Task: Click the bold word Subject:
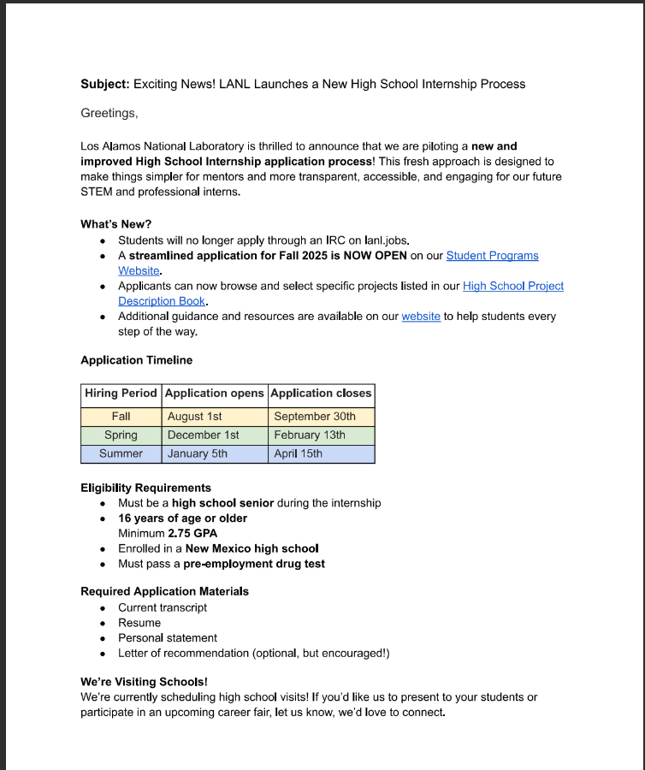coord(104,84)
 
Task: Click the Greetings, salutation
coord(109,113)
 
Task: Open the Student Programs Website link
coord(492,256)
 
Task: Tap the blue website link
coord(421,317)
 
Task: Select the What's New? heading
coord(115,224)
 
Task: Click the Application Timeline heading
coord(136,360)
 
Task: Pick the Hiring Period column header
coord(121,394)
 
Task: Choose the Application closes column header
coord(321,394)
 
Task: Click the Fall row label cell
coord(121,417)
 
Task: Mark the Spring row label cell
coord(121,435)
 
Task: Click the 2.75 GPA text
coord(192,533)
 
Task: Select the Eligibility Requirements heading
coord(145,488)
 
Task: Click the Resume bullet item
coord(139,623)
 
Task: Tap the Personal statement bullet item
coord(168,638)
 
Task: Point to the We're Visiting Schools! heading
coord(144,682)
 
